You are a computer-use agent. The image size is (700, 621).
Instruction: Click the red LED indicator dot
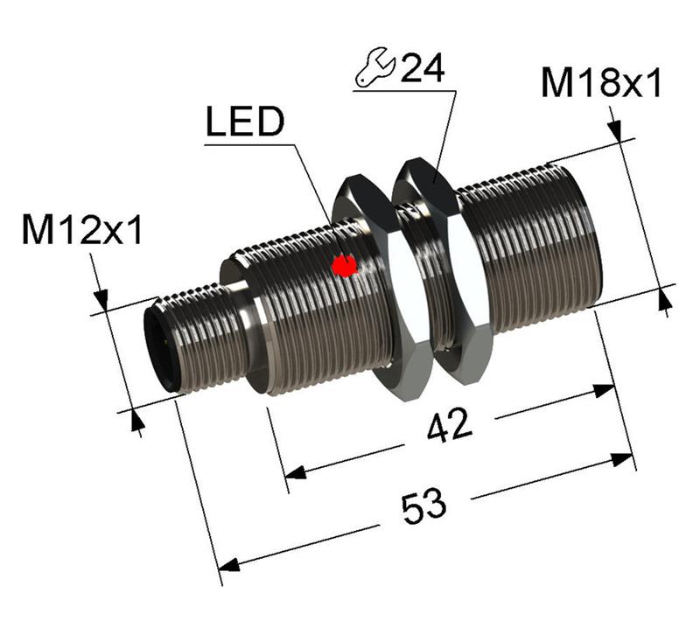click(346, 265)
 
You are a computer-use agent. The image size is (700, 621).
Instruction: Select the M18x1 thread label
click(600, 83)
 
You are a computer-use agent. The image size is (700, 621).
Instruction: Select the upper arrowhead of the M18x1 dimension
click(616, 131)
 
